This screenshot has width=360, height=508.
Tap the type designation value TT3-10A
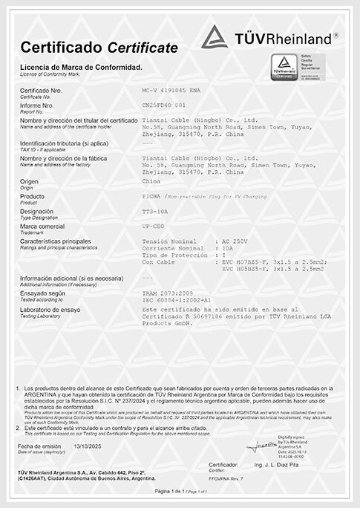point(152,212)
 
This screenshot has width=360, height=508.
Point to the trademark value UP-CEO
point(153,226)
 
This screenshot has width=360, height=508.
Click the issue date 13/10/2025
point(91,446)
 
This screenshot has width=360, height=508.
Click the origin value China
point(150,180)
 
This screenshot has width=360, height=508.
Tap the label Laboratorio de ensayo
point(50,308)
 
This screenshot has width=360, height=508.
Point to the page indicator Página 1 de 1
point(169,492)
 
